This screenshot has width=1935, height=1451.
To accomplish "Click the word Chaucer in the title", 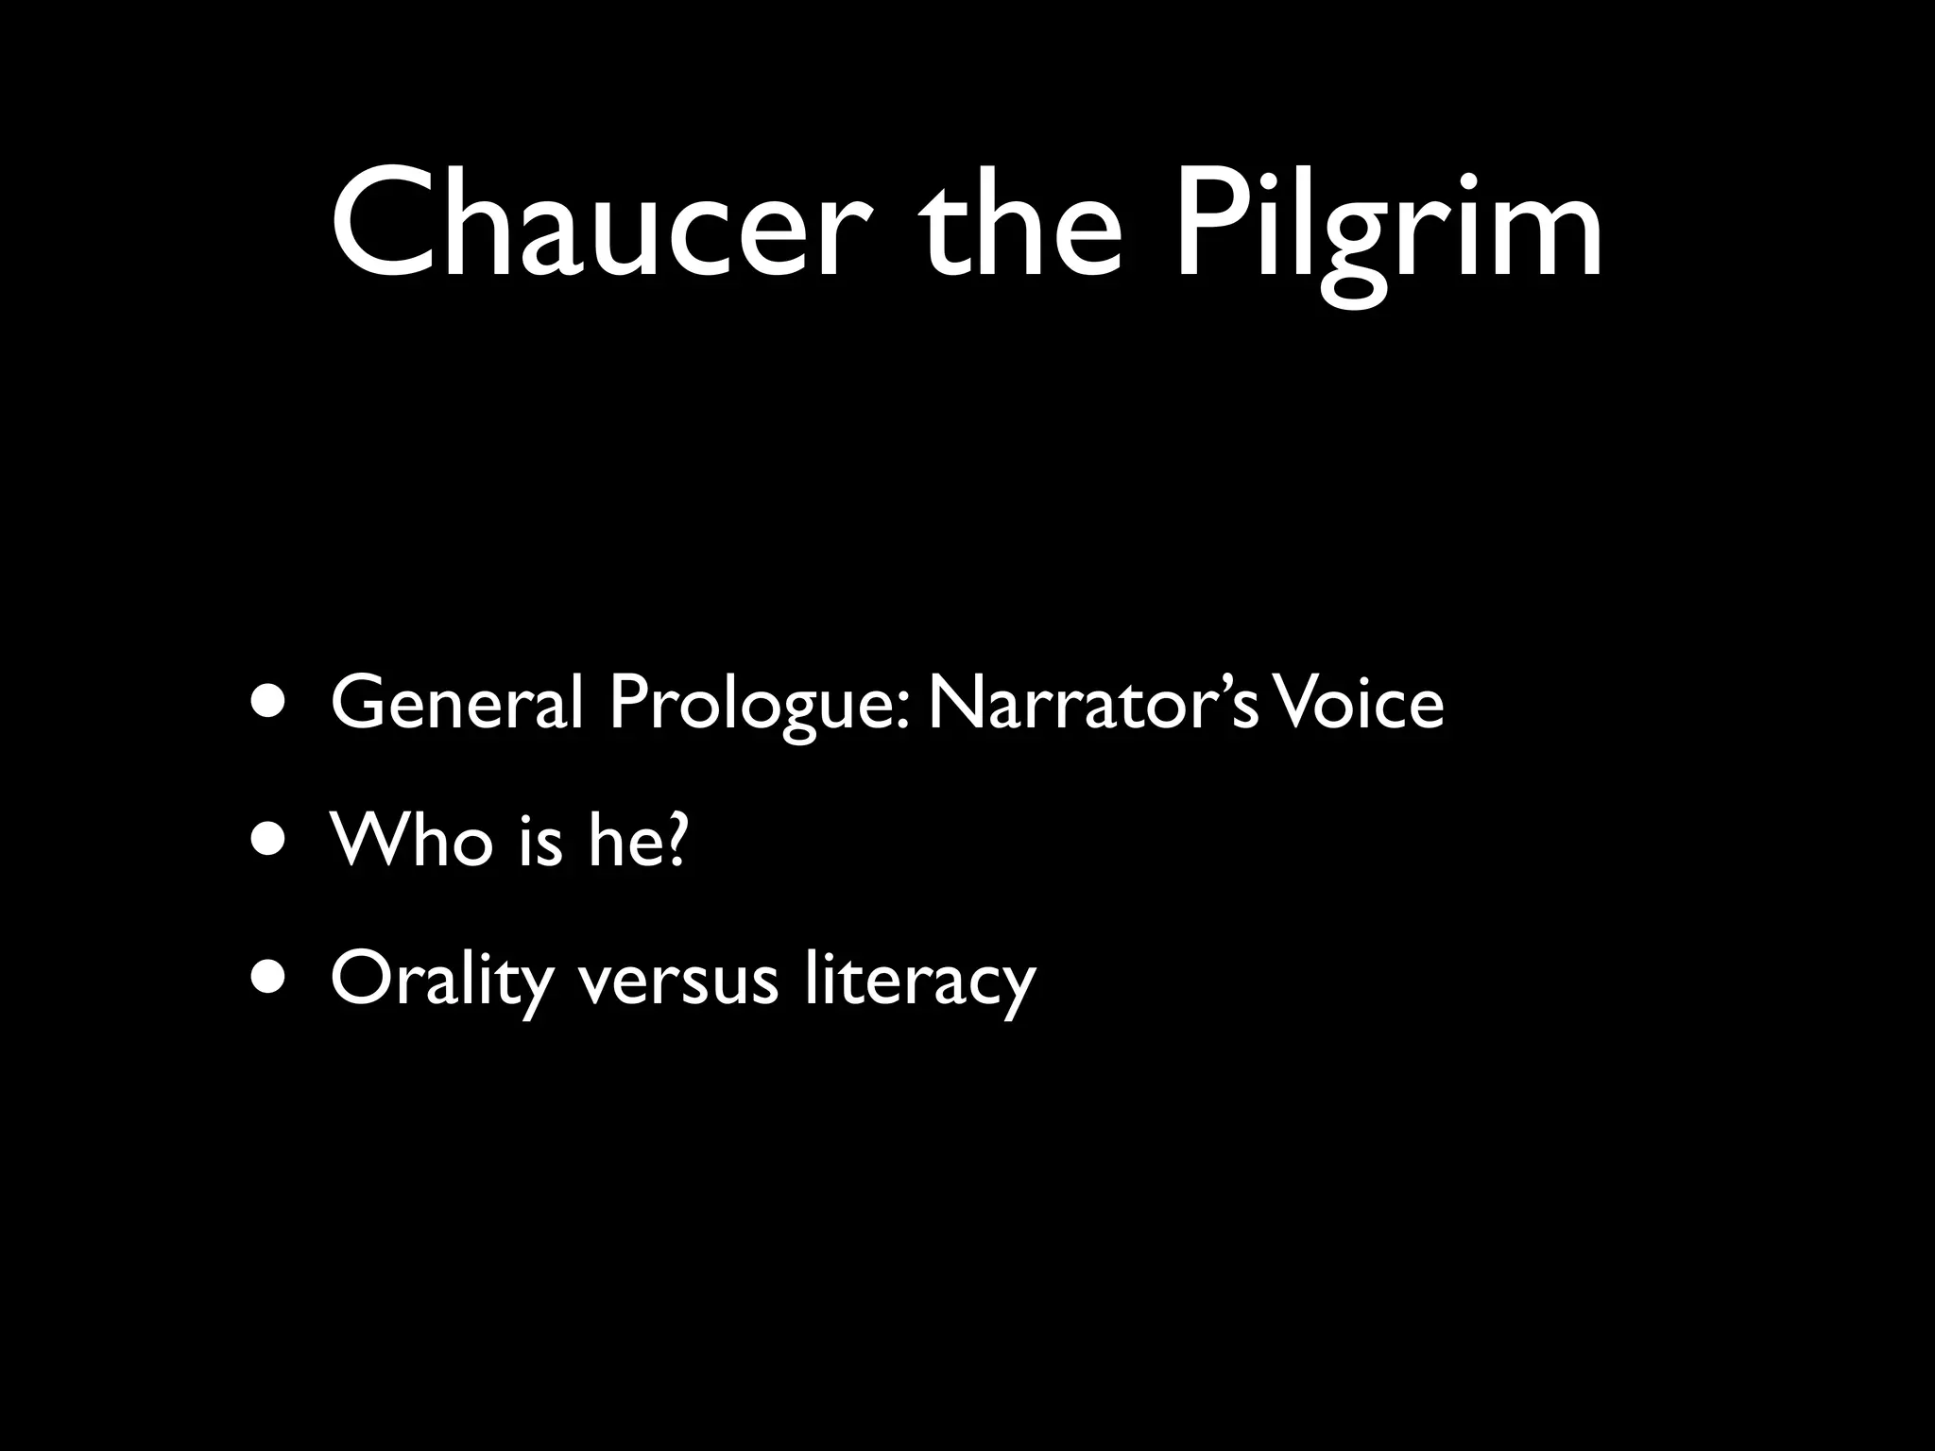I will point(590,222).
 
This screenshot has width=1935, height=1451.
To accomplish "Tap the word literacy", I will point(920,981).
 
